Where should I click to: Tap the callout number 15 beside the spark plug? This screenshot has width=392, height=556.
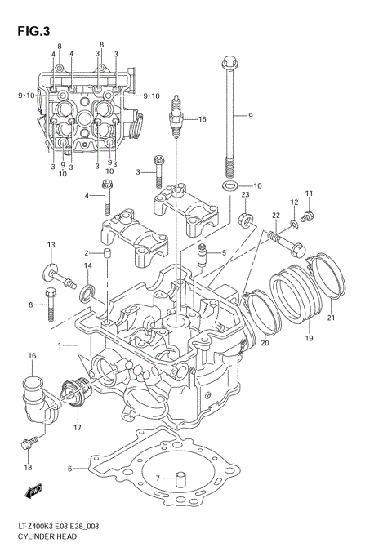[202, 120]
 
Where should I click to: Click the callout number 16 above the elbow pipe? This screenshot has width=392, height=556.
[32, 356]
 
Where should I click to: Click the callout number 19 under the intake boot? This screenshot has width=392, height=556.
[310, 337]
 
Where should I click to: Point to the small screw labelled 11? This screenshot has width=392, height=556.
[307, 216]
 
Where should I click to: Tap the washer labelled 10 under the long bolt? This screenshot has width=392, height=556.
[226, 187]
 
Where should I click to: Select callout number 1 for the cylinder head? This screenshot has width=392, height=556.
[60, 346]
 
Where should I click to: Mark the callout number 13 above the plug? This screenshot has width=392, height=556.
[50, 245]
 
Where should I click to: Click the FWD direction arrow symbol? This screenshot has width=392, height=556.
[33, 492]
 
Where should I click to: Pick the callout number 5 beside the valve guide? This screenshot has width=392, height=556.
[222, 253]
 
